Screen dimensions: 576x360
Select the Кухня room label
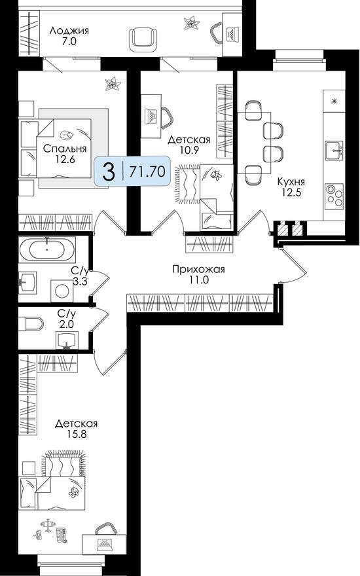291,181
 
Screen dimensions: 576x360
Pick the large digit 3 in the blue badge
108,172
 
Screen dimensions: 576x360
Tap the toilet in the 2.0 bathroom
31,322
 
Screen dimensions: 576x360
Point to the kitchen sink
333,150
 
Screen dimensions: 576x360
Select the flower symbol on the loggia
192,25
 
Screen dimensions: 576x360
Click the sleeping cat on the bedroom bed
66,135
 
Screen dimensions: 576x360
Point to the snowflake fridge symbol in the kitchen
334,101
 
